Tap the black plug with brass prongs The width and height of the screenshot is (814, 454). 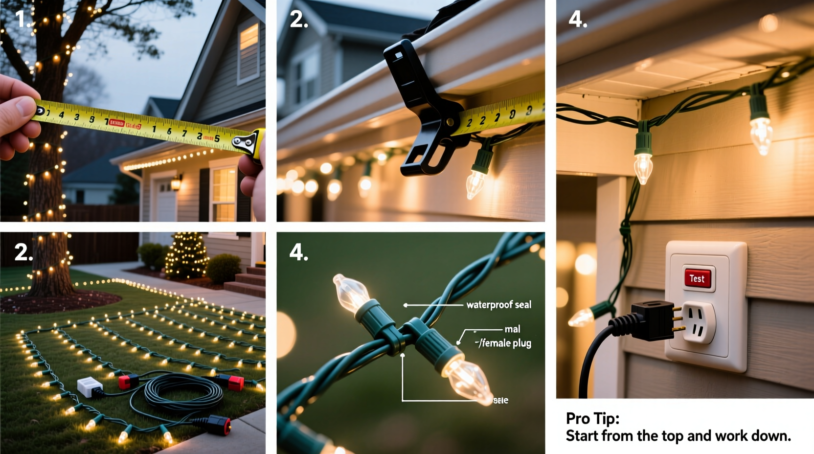[x=650, y=320]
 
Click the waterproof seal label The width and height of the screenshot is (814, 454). [x=498, y=305]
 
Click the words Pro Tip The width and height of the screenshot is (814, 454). [x=592, y=418]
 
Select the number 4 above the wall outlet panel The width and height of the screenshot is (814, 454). [x=577, y=20]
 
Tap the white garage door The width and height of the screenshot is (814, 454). [x=165, y=201]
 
